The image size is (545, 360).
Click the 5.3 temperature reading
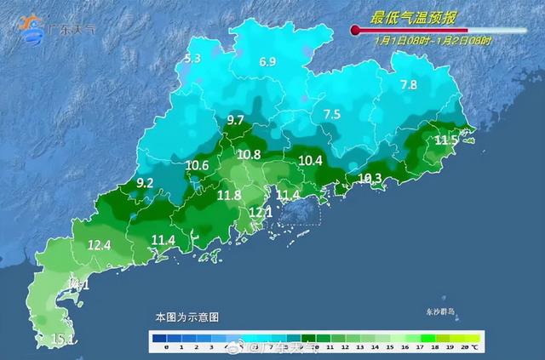[x=192, y=59]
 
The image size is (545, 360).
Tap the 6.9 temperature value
[x=267, y=61]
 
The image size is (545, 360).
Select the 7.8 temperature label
[x=409, y=84]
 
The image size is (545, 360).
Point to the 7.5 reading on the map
[x=331, y=114]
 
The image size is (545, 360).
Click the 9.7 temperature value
[x=236, y=120]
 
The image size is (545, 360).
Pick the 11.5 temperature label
[x=446, y=140]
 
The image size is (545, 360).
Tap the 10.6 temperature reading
[x=197, y=165]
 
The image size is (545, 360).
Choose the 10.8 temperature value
[x=249, y=155]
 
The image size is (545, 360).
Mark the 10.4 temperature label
[x=311, y=160]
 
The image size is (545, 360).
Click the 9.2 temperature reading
[x=145, y=183]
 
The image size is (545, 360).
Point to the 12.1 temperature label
[x=260, y=212]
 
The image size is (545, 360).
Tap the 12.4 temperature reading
[x=100, y=245]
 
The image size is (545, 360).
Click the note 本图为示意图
[x=186, y=317]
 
